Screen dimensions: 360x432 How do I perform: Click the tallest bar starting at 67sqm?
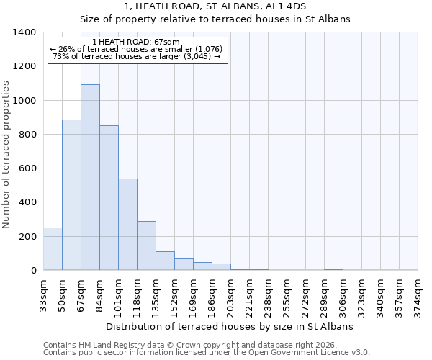pos(90,177)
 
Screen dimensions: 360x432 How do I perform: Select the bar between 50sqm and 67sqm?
pos(71,194)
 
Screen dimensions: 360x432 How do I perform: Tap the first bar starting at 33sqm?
pos(53,248)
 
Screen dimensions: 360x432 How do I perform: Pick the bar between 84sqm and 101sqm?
pos(109,198)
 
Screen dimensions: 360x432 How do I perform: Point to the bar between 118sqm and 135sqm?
pos(146,246)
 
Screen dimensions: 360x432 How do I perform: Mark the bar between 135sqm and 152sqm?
pos(165,261)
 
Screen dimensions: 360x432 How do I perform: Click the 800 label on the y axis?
pos(27,135)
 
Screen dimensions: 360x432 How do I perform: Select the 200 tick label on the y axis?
pos(27,236)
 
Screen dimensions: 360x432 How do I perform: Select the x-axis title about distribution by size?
pos(230,326)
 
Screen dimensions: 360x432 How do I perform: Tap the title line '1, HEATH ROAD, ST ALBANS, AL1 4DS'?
pos(215,6)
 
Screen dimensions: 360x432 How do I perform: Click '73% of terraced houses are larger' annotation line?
pos(137,57)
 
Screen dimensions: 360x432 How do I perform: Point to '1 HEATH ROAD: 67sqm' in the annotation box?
pos(137,42)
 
